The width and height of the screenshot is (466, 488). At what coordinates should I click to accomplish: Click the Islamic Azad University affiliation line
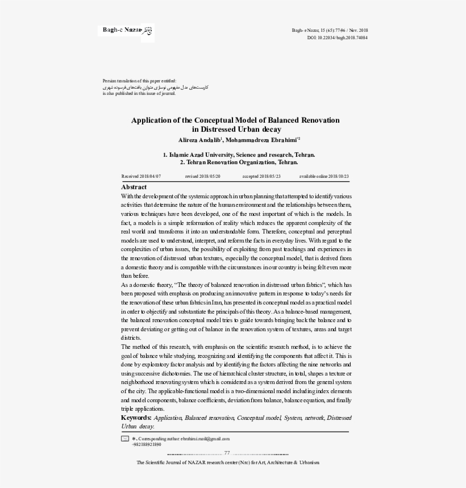239,155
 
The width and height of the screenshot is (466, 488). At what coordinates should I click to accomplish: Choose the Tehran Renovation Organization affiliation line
239,162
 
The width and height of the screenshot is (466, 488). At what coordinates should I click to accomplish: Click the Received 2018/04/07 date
142,177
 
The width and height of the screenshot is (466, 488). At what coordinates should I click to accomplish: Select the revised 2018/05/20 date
203,177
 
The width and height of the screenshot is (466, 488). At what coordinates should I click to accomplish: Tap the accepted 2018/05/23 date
261,177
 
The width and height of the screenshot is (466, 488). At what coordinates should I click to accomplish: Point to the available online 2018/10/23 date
324,177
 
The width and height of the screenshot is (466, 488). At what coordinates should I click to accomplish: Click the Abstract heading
134,187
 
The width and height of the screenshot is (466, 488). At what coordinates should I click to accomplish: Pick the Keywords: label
136,418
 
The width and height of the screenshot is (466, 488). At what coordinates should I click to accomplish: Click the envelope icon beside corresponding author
125,439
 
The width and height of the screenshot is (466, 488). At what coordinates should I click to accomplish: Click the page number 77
227,453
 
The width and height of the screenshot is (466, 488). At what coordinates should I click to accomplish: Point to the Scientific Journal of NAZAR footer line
228,462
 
